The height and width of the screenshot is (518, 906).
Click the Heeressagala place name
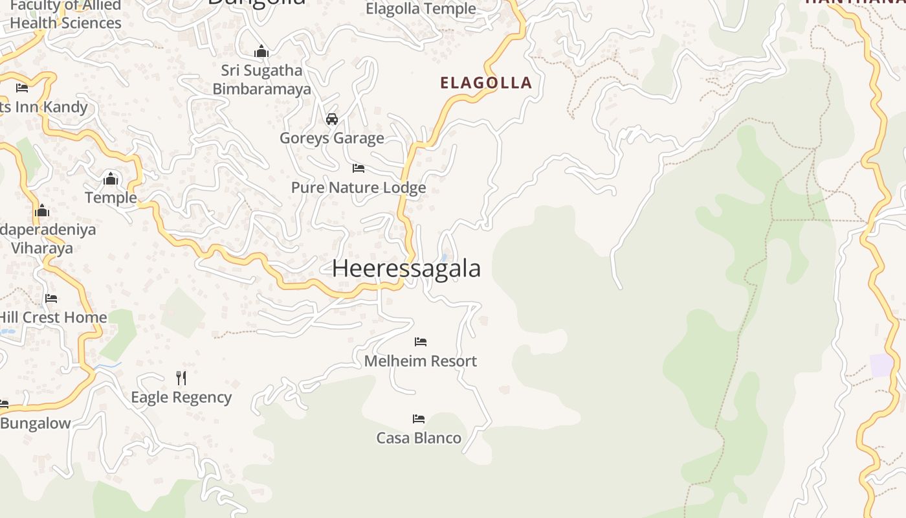click(x=406, y=268)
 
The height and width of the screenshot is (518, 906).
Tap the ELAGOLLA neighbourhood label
click(x=486, y=83)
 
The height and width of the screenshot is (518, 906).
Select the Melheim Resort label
click(x=421, y=361)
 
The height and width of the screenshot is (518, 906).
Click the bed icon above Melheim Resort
click(x=421, y=341)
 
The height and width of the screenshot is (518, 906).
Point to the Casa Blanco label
click(x=419, y=438)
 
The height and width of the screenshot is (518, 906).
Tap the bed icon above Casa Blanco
click(x=419, y=419)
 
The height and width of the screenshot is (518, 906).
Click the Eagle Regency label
click(x=181, y=398)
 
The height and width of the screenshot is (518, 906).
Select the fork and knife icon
click(x=181, y=377)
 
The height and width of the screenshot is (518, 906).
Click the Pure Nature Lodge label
click(x=359, y=188)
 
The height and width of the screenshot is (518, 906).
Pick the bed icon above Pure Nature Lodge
click(x=359, y=168)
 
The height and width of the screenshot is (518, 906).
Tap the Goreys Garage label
click(x=331, y=138)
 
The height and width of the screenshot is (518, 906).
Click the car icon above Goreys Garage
click(x=332, y=118)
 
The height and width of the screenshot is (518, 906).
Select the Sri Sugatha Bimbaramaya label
click(x=261, y=80)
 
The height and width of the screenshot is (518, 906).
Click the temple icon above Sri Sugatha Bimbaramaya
click(x=261, y=51)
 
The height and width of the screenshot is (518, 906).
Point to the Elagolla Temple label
click(x=421, y=9)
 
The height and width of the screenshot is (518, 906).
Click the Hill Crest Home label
click(x=53, y=317)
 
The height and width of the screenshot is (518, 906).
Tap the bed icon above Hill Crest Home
click(x=51, y=298)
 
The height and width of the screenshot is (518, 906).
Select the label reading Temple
click(x=111, y=197)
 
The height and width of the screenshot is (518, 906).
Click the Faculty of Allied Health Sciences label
click(x=65, y=15)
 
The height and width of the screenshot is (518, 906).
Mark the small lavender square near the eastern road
click(x=881, y=365)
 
